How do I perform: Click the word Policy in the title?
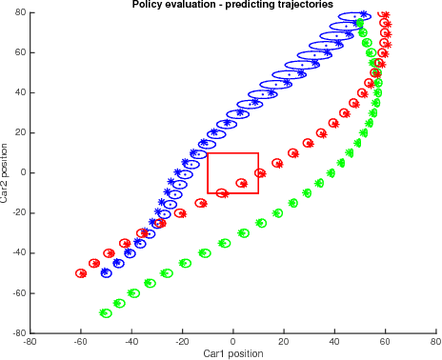tap(150, 5)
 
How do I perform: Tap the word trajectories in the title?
tap(302, 5)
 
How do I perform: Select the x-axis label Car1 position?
tap(233, 353)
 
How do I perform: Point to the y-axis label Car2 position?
tap(6, 173)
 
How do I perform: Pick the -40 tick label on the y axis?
tap(17, 253)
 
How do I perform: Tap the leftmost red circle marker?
tap(82, 273)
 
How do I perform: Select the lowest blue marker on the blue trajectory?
tap(106, 272)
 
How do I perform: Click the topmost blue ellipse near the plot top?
tap(354, 16)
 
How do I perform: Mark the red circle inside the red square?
tap(242, 183)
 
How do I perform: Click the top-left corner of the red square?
tap(208, 153)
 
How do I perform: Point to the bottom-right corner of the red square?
tap(259, 193)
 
